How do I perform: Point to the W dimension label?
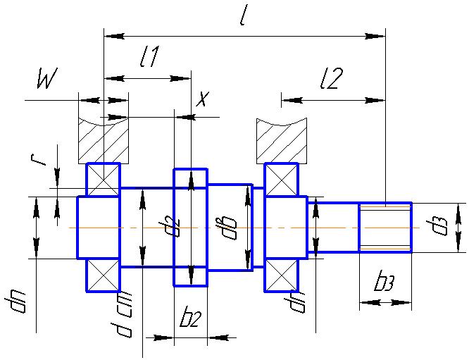(x=46, y=81)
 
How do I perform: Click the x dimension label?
(x=203, y=99)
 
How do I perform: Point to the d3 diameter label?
(x=442, y=227)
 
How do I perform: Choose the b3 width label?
(x=384, y=283)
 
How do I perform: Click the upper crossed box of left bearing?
(x=103, y=179)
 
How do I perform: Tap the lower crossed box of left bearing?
(x=103, y=275)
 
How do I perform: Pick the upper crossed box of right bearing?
(x=281, y=179)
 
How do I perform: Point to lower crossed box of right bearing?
(x=281, y=275)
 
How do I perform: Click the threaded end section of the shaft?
(x=385, y=227)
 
